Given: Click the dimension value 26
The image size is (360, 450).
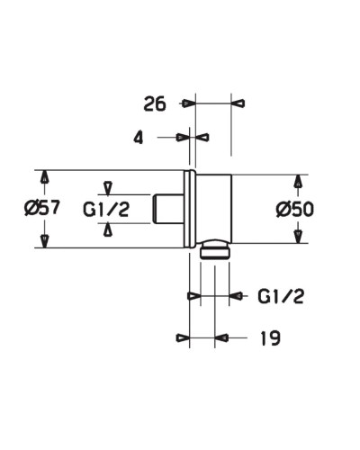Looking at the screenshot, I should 155,103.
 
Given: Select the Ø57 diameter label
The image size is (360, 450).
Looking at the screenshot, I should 41,208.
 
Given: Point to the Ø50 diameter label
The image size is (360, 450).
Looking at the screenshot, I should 294,209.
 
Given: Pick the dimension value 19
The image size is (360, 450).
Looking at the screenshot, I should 267,338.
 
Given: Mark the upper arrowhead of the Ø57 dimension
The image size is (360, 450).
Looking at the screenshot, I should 43,176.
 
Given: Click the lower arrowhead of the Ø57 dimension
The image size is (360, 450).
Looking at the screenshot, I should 43,239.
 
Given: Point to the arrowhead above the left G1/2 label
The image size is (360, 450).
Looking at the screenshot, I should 108,187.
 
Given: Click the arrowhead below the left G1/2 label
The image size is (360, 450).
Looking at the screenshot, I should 108,230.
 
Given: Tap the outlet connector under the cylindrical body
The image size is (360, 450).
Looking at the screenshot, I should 214,249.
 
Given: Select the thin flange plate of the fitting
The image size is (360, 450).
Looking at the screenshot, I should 188,209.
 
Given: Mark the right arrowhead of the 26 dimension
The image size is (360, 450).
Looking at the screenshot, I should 238,103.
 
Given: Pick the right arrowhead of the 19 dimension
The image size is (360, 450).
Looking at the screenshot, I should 221,338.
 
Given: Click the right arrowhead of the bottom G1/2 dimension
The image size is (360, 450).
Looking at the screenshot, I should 237,295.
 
